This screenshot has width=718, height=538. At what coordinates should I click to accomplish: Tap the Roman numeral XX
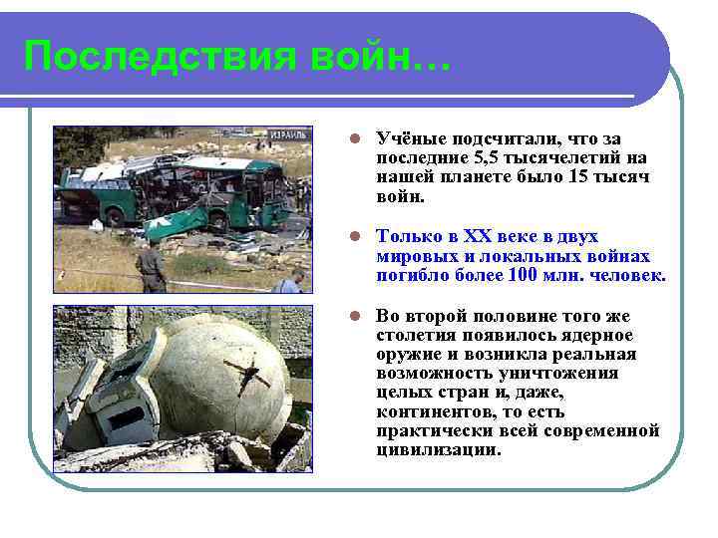click(486, 236)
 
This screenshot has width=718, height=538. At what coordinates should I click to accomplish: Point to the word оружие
click(406, 354)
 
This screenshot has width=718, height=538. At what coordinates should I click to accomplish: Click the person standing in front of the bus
click(153, 267)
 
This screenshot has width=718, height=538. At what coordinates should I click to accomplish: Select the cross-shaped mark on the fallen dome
click(249, 376)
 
